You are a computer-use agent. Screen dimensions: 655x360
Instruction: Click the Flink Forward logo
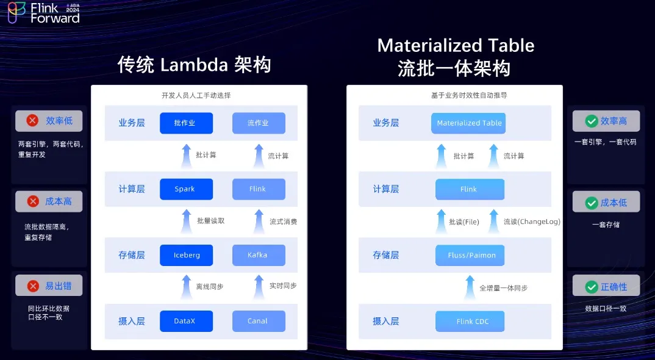tap(43, 13)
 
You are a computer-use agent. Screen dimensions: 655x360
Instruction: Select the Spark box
tap(186, 189)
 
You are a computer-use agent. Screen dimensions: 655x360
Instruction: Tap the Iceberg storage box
tap(186, 255)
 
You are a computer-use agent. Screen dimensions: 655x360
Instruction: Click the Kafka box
tap(258, 255)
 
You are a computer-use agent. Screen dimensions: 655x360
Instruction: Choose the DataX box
tap(186, 321)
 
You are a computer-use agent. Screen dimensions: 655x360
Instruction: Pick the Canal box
tap(258, 321)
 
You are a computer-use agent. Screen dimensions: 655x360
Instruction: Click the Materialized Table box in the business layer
tap(469, 123)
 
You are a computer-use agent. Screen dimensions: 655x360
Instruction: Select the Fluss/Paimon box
tap(469, 255)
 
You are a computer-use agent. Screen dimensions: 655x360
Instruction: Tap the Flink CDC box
tap(469, 321)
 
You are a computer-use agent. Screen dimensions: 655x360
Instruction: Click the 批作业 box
tap(186, 123)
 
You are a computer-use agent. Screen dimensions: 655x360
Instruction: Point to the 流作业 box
tap(258, 123)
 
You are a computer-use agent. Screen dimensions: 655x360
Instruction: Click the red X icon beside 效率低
tap(32, 121)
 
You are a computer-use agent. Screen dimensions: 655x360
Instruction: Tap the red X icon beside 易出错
tap(32, 286)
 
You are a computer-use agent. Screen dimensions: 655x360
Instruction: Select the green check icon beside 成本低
tap(591, 203)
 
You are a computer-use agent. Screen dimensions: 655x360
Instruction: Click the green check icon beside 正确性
tap(591, 287)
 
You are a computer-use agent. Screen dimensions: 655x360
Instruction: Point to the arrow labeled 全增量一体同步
tap(469, 287)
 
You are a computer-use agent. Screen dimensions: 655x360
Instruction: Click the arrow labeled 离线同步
tap(186, 287)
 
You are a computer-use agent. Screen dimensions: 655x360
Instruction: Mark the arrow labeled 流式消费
tap(259, 221)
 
